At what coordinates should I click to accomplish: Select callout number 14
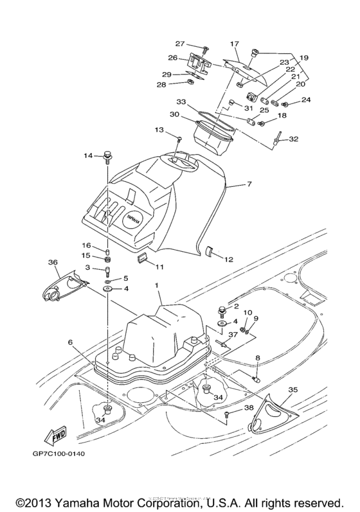point(89,155)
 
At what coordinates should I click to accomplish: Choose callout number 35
point(292,389)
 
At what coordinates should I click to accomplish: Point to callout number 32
point(293,138)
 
